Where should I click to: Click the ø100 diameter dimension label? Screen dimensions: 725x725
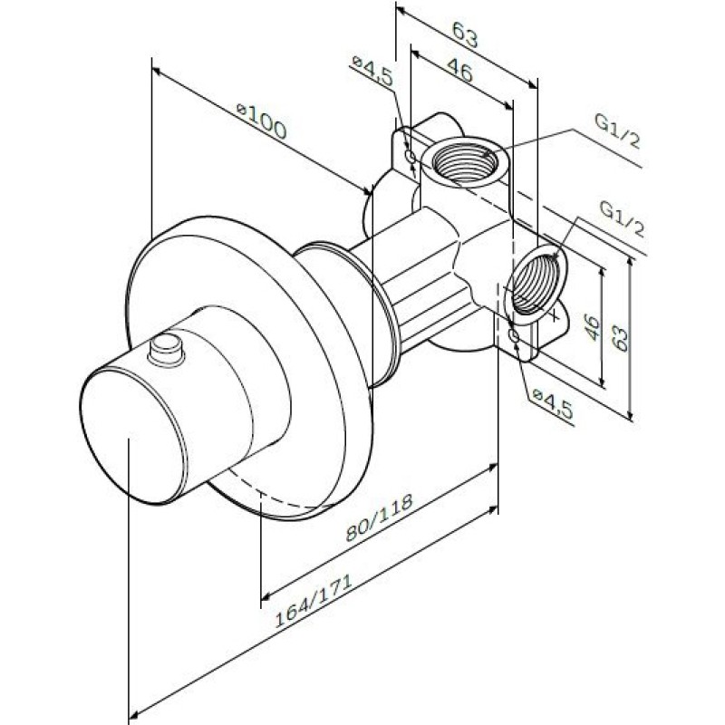pos(261,121)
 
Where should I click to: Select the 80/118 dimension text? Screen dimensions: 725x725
pos(379,517)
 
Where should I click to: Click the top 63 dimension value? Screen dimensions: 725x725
pos(465,34)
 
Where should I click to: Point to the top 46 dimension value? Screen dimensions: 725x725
pos(460,71)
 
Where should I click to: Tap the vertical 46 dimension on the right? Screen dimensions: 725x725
pos(592,327)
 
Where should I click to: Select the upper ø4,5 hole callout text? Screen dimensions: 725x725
pos(372,71)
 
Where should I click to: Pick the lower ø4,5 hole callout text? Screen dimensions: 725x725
pos(553,404)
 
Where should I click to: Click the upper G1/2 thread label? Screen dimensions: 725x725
pos(618,131)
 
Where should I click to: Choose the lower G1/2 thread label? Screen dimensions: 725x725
pos(623,219)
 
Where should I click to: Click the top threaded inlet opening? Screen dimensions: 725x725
pos(465,163)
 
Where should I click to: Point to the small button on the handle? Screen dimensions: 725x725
pos(167,350)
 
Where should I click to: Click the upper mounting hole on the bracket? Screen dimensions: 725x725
pos(411,156)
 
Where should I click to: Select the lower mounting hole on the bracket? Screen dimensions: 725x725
pos(514,334)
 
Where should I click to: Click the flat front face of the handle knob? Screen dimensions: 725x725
pos(133,434)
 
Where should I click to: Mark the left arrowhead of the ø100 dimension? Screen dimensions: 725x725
pos(156,71)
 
